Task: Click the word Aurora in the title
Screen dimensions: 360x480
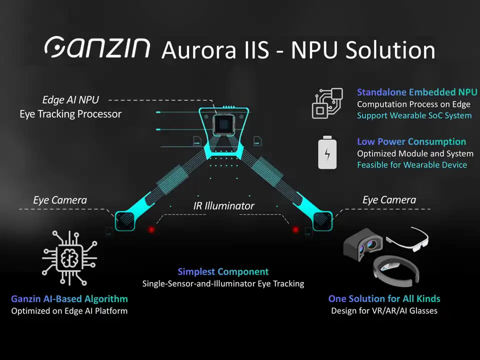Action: click(199, 50)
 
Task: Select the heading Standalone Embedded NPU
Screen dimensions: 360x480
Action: click(417, 92)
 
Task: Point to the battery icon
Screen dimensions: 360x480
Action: click(327, 152)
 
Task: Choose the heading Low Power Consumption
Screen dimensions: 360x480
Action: click(411, 141)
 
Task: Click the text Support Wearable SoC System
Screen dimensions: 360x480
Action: click(414, 115)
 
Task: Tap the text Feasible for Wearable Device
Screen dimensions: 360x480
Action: click(412, 164)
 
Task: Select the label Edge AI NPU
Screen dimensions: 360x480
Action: click(70, 100)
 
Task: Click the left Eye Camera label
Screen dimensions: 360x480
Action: click(60, 200)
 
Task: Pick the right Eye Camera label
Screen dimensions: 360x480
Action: click(389, 200)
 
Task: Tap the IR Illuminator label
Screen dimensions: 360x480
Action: click(224, 205)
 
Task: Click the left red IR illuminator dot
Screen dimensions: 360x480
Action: click(151, 229)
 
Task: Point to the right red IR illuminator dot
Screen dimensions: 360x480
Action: click(295, 229)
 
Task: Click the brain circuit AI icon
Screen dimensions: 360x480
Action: click(68, 257)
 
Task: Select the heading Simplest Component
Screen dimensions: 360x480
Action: click(223, 272)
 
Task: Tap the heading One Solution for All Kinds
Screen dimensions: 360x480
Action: click(384, 299)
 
